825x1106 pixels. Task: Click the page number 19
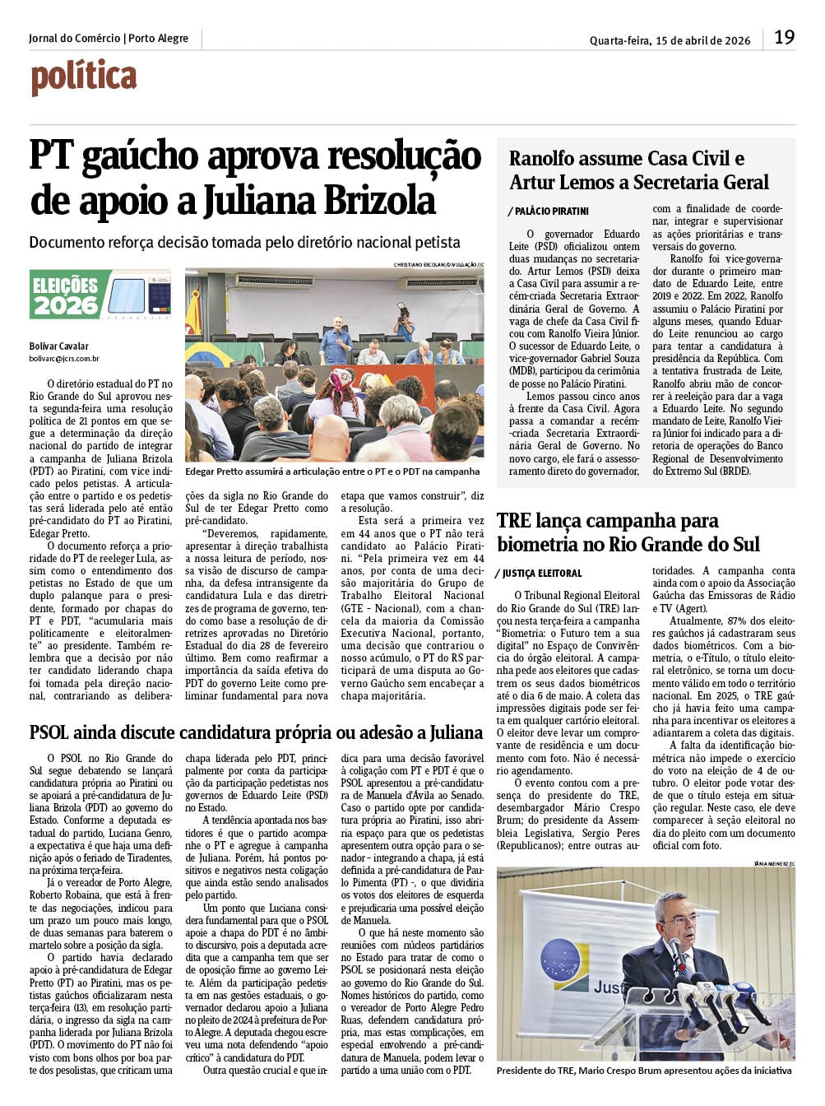click(x=784, y=37)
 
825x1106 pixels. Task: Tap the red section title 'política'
click(x=84, y=78)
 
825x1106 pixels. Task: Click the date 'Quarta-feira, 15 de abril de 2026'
click(x=670, y=40)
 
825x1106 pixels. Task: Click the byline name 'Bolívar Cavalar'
click(x=58, y=346)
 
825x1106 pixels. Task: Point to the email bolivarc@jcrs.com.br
click(x=64, y=358)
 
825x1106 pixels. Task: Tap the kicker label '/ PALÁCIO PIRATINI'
click(x=548, y=211)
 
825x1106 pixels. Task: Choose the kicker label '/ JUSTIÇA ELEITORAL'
click(x=540, y=573)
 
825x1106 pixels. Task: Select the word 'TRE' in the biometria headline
click(x=513, y=520)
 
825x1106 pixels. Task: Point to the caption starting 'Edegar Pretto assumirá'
click(x=332, y=472)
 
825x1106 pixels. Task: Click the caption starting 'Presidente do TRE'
click(x=644, y=1071)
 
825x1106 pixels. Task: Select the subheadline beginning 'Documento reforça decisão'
click(x=244, y=243)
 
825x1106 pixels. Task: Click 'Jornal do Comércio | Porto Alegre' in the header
click(x=109, y=39)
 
